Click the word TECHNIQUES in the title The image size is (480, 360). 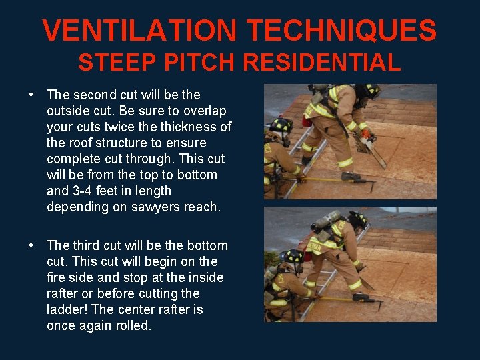(341, 30)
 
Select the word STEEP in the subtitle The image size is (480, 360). (117, 62)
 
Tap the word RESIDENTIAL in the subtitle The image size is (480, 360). (322, 62)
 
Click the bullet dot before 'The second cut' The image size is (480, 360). (31, 95)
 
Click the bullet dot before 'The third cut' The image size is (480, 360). (31, 245)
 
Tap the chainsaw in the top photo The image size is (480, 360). (370, 147)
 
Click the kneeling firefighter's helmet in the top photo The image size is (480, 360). (281, 125)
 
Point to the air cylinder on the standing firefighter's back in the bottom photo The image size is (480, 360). (326, 221)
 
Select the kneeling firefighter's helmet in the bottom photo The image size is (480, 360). (293, 256)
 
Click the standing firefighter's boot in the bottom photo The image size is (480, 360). (361, 297)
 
